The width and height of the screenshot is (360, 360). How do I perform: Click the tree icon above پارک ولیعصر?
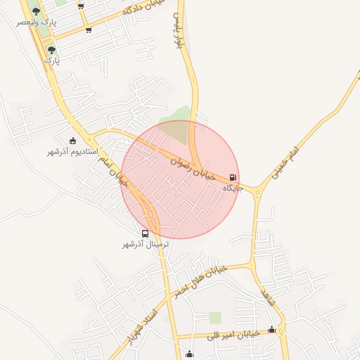pyautogui.click(x=37, y=11)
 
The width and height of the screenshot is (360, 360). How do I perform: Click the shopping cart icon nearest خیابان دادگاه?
pyautogui.click(x=88, y=30)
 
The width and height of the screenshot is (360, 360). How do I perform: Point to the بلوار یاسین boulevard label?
pyautogui.click(x=179, y=31)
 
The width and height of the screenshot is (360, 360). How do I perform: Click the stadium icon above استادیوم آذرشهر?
pyautogui.click(x=73, y=141)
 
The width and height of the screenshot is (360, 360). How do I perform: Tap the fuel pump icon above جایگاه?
pyautogui.click(x=233, y=178)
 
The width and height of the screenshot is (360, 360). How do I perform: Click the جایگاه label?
pyautogui.click(x=233, y=188)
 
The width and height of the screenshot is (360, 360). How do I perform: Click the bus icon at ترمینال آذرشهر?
pyautogui.click(x=146, y=233)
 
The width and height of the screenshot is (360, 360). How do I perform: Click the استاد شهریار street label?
pyautogui.click(x=141, y=323)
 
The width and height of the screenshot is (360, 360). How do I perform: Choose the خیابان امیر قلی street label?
pyautogui.click(x=233, y=335)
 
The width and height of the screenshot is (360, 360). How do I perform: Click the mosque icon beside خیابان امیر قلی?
pyautogui.click(x=272, y=330)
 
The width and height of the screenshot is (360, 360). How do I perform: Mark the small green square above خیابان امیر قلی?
pyautogui.click(x=215, y=318)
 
